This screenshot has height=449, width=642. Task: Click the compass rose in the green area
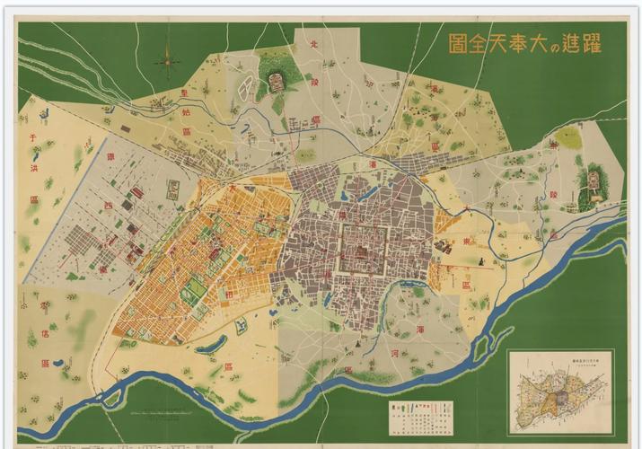[168, 62]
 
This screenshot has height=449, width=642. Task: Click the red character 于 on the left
[33, 139]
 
